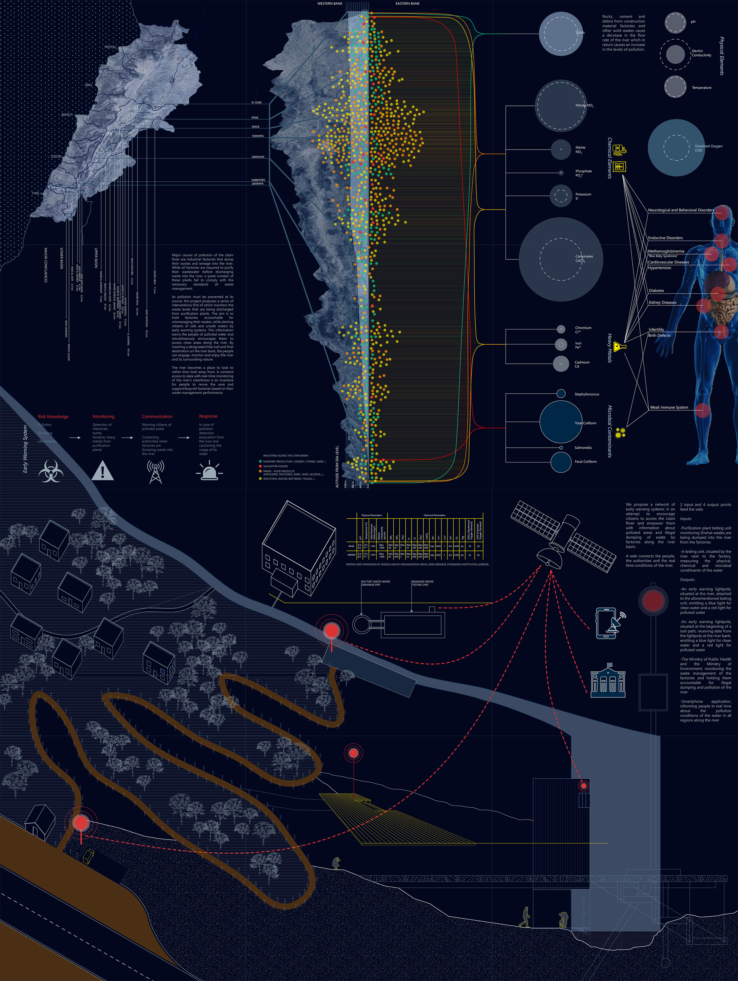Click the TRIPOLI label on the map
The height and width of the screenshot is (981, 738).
[x=110, y=47]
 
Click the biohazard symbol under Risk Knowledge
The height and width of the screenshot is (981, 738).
[x=51, y=471]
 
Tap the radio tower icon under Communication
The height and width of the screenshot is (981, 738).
[x=155, y=471]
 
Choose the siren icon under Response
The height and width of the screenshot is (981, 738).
[x=209, y=471]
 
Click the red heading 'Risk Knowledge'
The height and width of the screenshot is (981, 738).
[x=53, y=417]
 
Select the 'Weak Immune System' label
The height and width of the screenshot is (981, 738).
[x=669, y=407]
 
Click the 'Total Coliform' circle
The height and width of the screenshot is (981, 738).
[x=561, y=422]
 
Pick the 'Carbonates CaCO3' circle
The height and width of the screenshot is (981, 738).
[x=561, y=259]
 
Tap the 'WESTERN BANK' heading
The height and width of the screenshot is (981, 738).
[x=330, y=3]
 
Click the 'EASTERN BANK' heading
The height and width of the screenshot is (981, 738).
[x=407, y=3]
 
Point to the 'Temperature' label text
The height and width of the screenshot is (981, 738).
[x=701, y=88]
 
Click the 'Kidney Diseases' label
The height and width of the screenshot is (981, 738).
[x=663, y=303]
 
